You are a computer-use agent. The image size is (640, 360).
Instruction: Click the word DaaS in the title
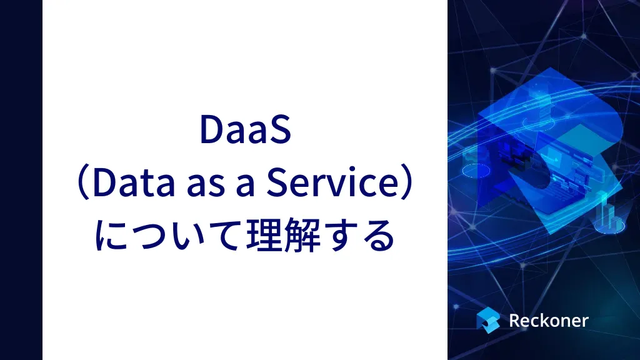pos(245,129)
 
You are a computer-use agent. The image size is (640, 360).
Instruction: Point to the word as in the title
pos(206,186)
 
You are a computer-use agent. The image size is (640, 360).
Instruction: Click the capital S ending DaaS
pos(279,129)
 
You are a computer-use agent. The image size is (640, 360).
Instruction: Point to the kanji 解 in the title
pos(302,235)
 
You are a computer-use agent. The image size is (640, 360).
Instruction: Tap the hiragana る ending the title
pos(379,236)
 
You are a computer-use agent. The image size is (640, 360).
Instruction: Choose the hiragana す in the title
pos(341,236)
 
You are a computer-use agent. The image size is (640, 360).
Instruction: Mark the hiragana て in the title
pos(225,236)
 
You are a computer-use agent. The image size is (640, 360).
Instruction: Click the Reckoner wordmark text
pos(549,321)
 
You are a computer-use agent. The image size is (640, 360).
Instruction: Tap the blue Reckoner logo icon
pos(488,320)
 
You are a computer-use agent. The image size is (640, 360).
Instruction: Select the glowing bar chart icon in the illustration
pos(609,214)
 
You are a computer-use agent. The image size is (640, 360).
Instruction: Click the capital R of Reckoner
pos(515,321)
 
